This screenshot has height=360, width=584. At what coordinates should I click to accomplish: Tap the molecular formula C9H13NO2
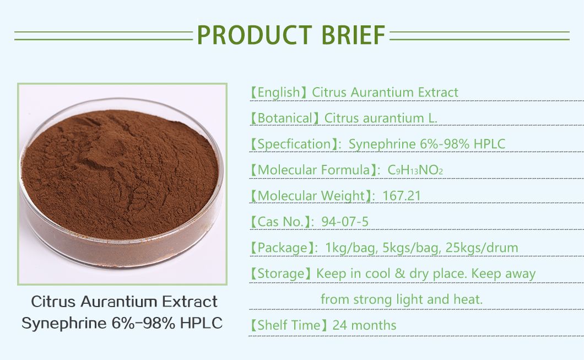coord(416,170)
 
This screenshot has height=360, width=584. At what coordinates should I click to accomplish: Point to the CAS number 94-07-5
coord(346,222)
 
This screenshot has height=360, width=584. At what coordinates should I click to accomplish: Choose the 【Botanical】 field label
coord(284,118)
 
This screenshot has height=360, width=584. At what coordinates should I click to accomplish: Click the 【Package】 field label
coord(281,248)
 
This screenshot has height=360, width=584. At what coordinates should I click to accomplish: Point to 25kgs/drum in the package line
coord(482,248)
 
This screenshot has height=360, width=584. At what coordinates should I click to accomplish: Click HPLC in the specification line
coord(487,144)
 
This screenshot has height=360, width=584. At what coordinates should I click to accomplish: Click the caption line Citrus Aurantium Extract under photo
coord(124,302)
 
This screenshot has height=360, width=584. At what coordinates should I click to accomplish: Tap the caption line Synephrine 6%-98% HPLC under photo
coord(122,323)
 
